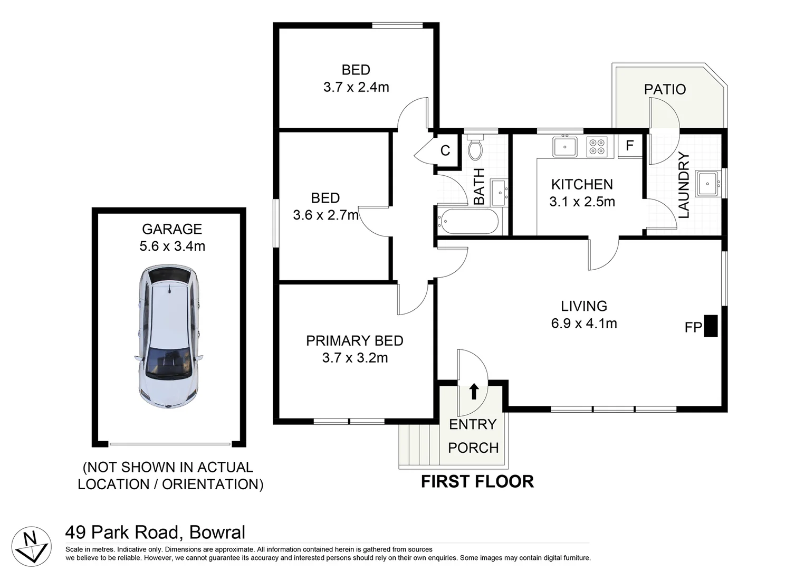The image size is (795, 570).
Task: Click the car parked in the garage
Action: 169,336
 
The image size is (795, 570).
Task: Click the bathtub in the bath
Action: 468,222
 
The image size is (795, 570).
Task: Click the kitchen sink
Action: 564,146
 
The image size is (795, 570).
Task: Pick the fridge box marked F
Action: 629,146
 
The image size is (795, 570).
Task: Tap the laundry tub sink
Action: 707,184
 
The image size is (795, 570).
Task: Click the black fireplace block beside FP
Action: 711,326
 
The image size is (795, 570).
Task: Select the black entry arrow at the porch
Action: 474,392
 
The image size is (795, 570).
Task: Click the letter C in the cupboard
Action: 445,150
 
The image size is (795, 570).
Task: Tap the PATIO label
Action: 665,89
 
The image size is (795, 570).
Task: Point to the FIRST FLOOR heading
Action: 477,481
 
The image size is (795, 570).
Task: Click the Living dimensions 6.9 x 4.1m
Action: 584,323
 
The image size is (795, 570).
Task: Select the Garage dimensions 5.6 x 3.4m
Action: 172,246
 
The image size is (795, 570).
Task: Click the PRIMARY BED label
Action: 355,340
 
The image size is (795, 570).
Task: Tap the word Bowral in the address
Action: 217,533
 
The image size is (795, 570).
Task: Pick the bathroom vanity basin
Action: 500,193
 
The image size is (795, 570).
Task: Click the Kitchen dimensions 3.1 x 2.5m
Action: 582,202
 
